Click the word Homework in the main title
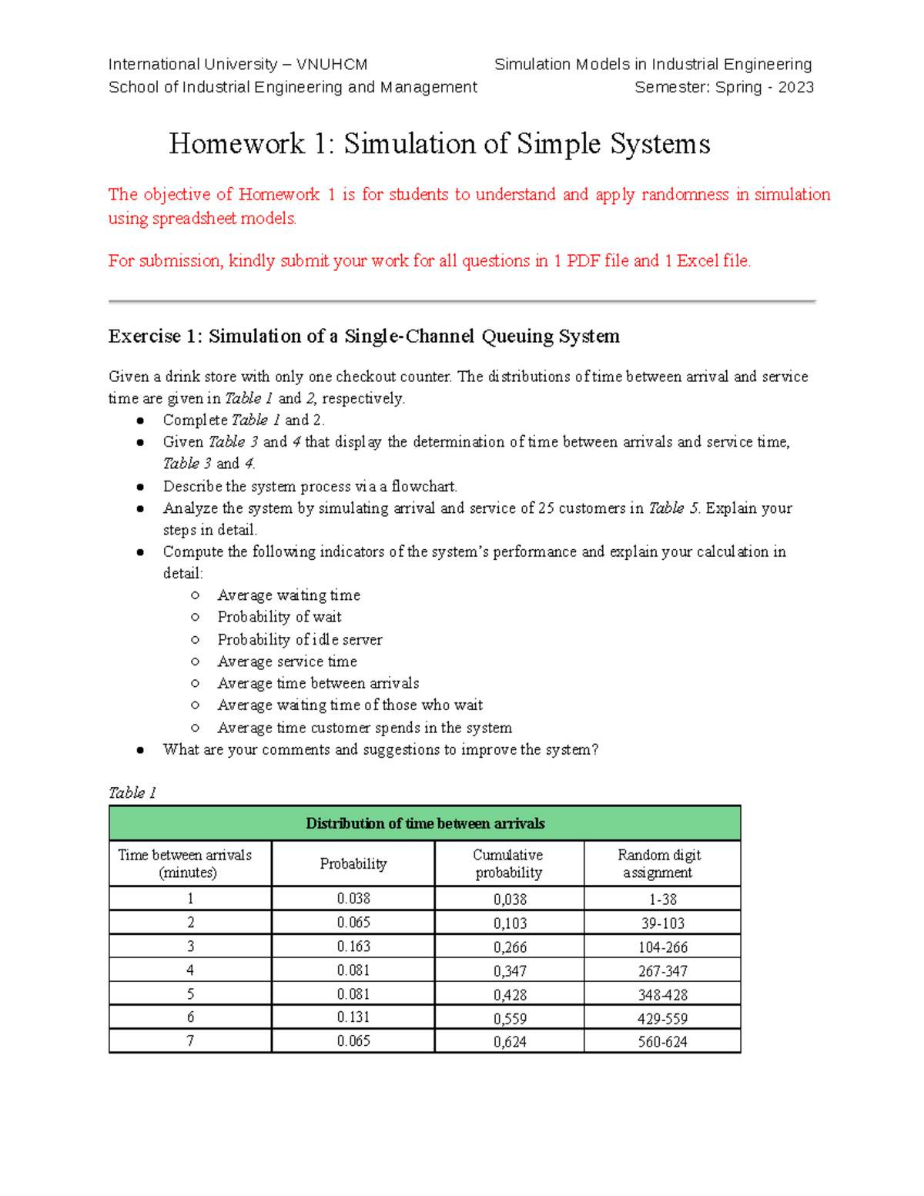click(x=236, y=144)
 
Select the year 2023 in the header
click(x=795, y=87)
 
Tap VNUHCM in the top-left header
click(x=332, y=65)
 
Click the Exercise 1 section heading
click(x=363, y=337)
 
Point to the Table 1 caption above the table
click(x=132, y=792)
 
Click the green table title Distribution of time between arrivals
click(x=425, y=823)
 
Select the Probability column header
click(x=353, y=864)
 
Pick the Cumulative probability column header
click(x=508, y=864)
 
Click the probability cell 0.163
click(x=353, y=946)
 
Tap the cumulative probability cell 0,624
click(x=510, y=1042)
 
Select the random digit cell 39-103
click(x=661, y=923)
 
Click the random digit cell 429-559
click(x=661, y=1019)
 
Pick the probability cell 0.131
click(x=353, y=1017)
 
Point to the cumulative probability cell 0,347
click(x=510, y=971)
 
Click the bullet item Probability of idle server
click(x=300, y=640)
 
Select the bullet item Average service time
click(x=287, y=662)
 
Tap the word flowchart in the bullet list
click(x=423, y=487)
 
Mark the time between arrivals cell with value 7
click(x=190, y=1041)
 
